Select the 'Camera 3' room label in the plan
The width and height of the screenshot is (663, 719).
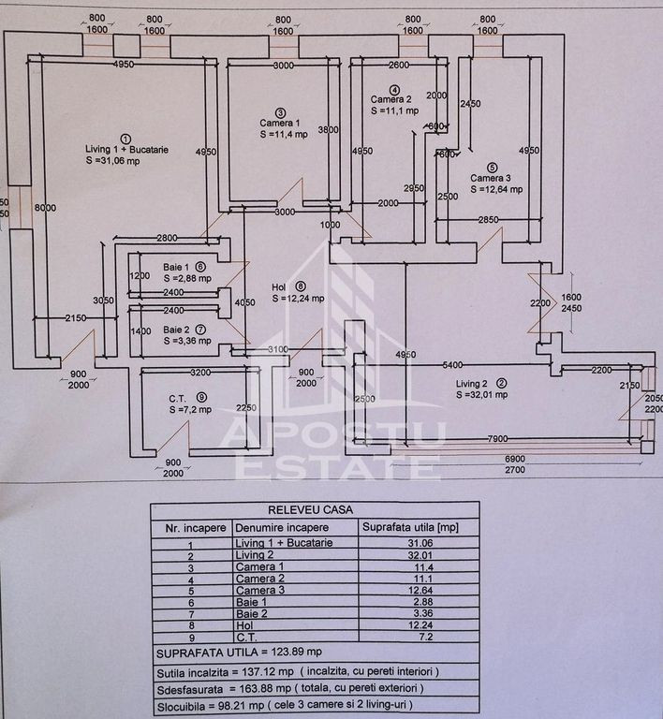[491, 178]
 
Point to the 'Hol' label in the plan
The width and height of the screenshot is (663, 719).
[278, 287]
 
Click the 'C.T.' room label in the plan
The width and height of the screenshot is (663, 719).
[179, 397]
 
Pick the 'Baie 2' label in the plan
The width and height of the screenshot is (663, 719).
[176, 330]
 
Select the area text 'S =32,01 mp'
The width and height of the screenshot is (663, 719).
[482, 394]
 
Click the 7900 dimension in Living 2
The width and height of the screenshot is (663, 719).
[496, 439]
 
